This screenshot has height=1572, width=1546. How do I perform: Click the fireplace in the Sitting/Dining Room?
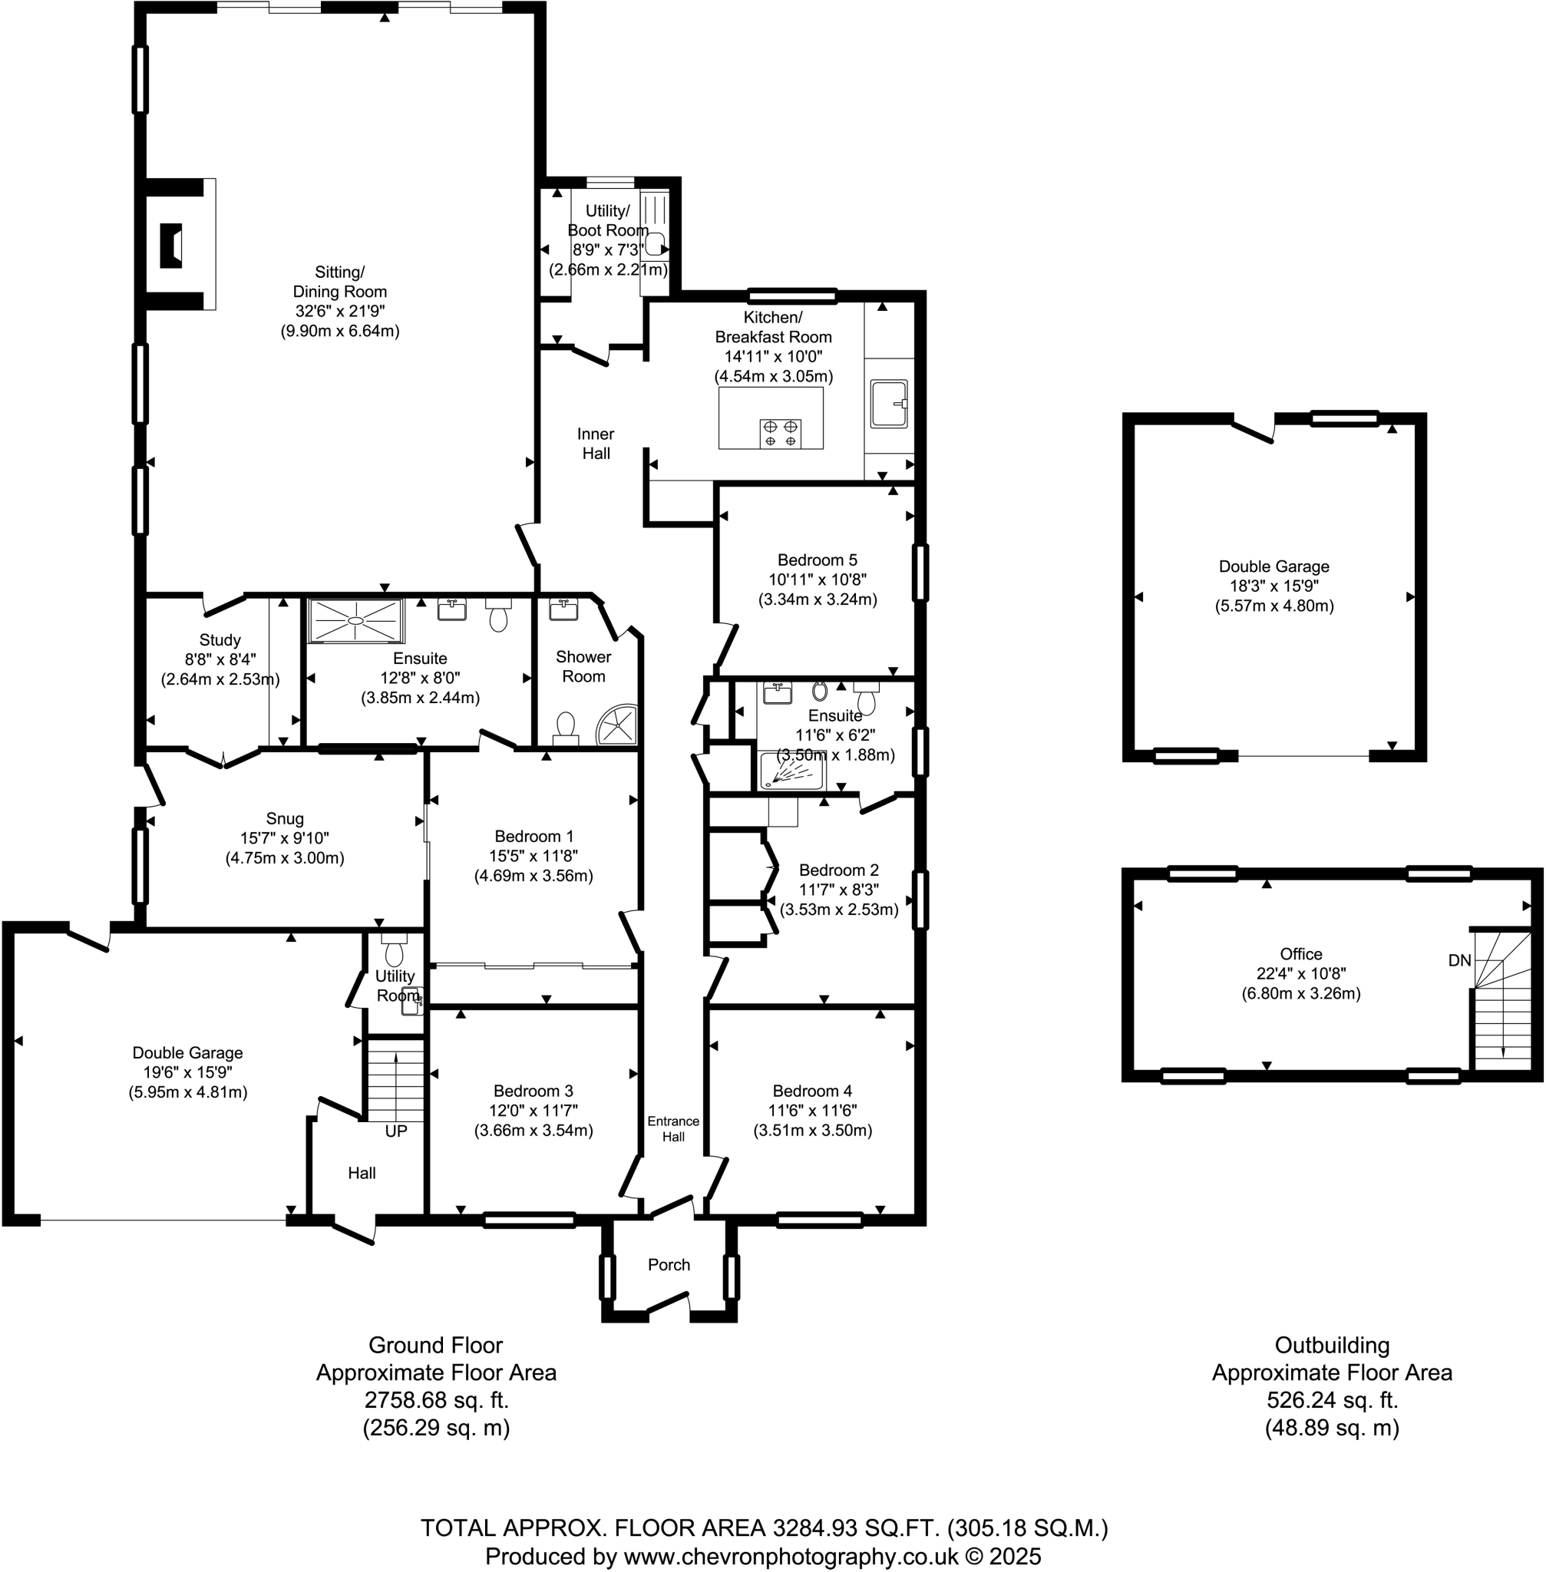pos(170,245)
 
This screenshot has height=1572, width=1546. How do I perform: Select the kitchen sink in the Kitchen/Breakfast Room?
pos(888,404)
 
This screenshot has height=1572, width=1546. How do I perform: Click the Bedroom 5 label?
pos(817,560)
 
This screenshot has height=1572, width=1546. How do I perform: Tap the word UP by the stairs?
pos(395,1131)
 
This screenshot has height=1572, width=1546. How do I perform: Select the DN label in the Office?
pos(1459,960)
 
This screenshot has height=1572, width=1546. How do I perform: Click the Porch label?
pos(669,1264)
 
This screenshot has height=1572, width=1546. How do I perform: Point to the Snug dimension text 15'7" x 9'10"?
pos(284,838)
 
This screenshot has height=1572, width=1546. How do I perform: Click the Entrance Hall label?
pos(673,1128)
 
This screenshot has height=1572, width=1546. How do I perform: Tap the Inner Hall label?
pos(596,444)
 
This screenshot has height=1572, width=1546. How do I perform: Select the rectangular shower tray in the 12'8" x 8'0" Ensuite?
pos(355,621)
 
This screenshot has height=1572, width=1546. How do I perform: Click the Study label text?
pos(220,640)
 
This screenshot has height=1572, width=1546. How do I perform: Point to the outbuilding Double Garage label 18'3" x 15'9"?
pos(1273,586)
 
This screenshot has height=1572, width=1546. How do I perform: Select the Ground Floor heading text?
pos(435,1346)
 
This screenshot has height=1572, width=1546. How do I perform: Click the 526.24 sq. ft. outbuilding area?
pos(1332,1400)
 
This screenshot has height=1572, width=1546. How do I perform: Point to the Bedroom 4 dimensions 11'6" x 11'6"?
pos(812,1111)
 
